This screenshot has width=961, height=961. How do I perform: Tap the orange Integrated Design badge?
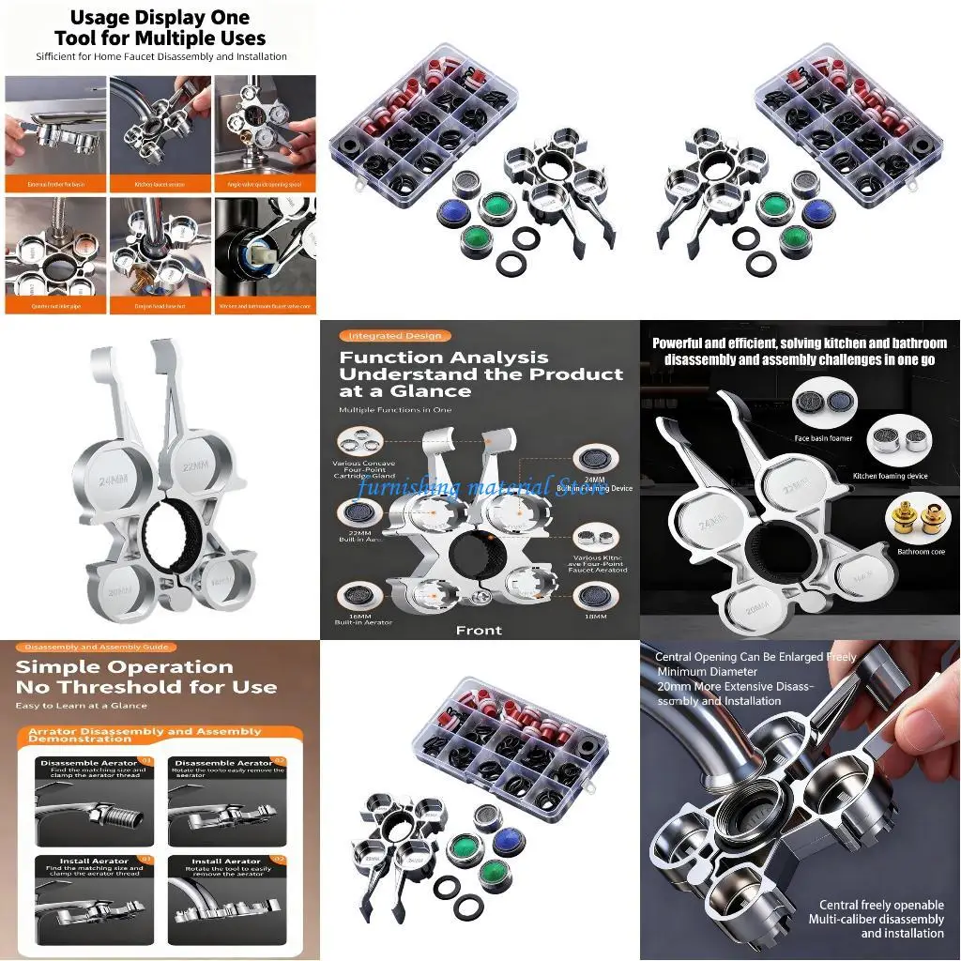click(394, 336)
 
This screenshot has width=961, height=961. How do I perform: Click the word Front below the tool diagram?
click(479, 630)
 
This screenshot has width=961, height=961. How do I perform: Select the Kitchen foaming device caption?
click(890, 476)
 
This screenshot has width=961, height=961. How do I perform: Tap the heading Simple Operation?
click(124, 667)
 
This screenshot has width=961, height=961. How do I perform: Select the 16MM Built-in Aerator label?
click(357, 617)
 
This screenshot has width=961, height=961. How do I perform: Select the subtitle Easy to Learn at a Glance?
click(81, 706)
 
